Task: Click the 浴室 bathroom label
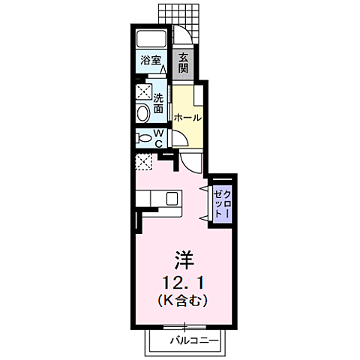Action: click(x=148, y=59)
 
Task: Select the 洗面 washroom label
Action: click(x=158, y=103)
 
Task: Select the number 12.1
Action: click(x=184, y=283)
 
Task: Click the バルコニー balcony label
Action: click(x=193, y=340)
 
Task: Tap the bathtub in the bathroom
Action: click(x=152, y=39)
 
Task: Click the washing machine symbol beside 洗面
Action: click(x=142, y=93)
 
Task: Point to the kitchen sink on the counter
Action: click(x=172, y=198)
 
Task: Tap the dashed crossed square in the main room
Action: click(x=143, y=160)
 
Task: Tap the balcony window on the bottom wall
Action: click(x=184, y=327)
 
